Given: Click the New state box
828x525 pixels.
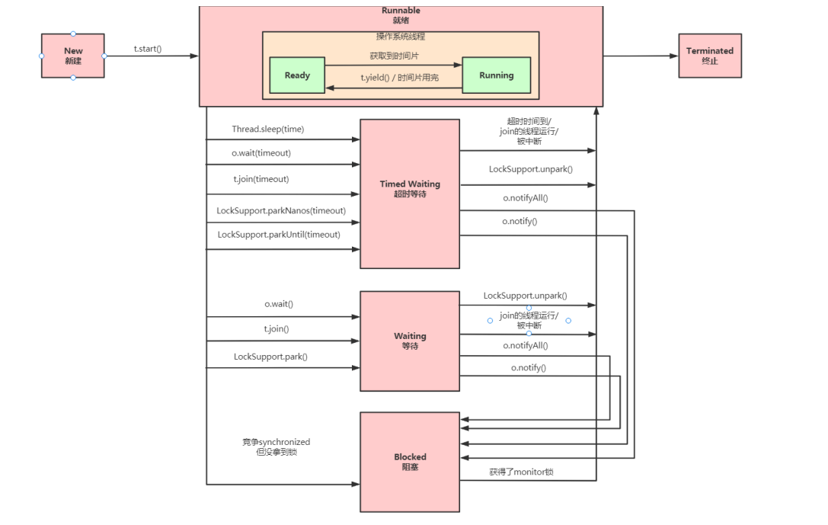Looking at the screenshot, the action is tap(73, 56).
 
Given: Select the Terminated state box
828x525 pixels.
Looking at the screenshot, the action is tap(710, 56).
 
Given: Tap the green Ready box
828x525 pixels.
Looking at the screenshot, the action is tap(297, 75).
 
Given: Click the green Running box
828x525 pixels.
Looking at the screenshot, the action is tap(497, 75).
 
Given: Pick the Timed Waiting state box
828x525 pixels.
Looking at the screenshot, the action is tap(410, 194).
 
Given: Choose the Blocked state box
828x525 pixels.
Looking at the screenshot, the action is tap(410, 462).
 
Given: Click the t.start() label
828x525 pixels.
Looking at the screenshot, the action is tap(147, 49).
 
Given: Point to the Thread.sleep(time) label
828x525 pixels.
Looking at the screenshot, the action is tap(267, 130).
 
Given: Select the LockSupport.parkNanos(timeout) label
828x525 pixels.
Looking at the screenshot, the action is tap(281, 211).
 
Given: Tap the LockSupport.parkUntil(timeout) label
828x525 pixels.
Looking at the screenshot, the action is tap(279, 235).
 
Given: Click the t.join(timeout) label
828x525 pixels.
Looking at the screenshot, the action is tap(261, 179).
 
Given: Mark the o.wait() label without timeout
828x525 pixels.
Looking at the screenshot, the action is tap(279, 304).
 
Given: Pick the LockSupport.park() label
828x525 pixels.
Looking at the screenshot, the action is tap(270, 357).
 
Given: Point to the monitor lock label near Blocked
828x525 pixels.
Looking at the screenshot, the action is tap(521, 472).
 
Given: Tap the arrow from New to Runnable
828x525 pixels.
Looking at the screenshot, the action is tap(152, 56).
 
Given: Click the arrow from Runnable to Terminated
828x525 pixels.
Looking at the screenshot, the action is tap(641, 56).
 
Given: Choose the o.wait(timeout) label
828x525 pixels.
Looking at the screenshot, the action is tap(261, 153).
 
